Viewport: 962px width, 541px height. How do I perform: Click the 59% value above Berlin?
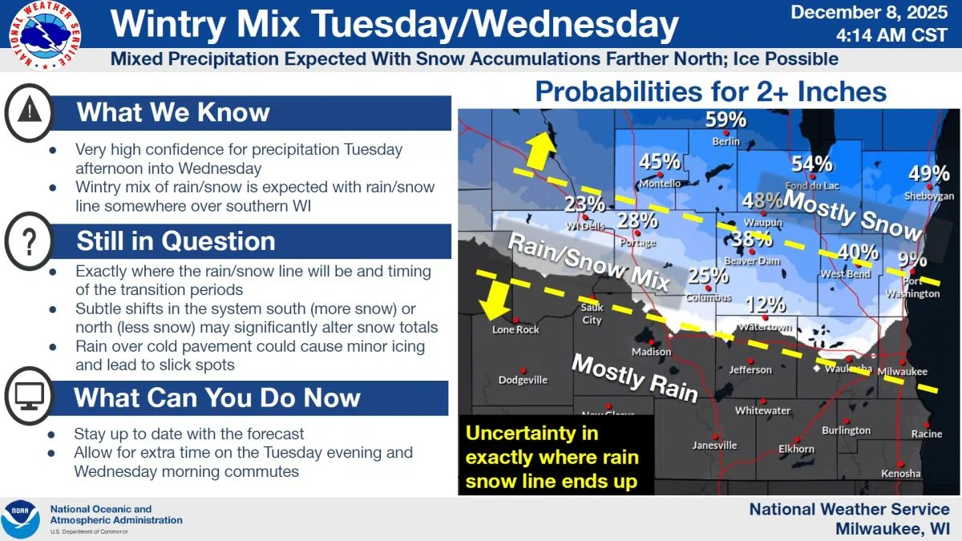[x=726, y=120]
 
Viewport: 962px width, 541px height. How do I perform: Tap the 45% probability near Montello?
[x=660, y=162]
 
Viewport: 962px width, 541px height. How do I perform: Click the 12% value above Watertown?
[x=766, y=305]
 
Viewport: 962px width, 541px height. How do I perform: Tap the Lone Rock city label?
[x=515, y=329]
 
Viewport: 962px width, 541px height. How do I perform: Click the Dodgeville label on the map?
[x=523, y=380]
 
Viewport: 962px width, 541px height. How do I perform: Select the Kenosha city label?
[x=899, y=474]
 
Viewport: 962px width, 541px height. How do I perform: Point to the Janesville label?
[x=714, y=446]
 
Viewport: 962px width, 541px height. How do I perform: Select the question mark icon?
[x=30, y=240]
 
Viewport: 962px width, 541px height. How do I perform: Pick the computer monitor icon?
[x=30, y=396]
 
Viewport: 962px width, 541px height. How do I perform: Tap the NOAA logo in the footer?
[x=21, y=519]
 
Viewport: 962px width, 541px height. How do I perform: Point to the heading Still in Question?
[x=176, y=240]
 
